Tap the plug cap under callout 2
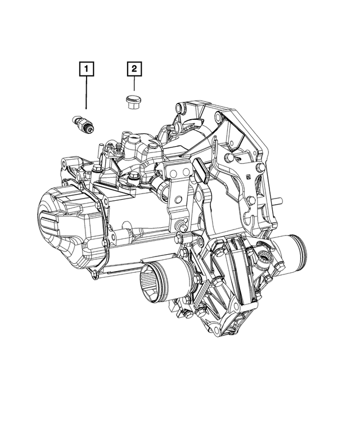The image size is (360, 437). tap(132, 102)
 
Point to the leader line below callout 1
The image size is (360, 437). tap(86, 93)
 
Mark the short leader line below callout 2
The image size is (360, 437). tap(134, 84)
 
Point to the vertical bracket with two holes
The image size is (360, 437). tap(178, 183)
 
